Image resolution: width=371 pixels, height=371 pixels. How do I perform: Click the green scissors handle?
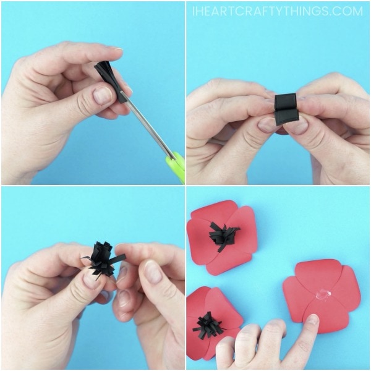pyautogui.click(x=177, y=165)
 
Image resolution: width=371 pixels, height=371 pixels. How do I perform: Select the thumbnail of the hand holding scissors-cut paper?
pyautogui.click(x=102, y=95)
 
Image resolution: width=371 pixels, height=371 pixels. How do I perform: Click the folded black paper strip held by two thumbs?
pyautogui.click(x=285, y=108)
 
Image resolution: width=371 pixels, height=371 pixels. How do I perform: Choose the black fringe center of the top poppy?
pyautogui.click(x=224, y=236)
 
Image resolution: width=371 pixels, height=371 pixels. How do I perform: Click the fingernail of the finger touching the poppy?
pyautogui.click(x=311, y=321)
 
